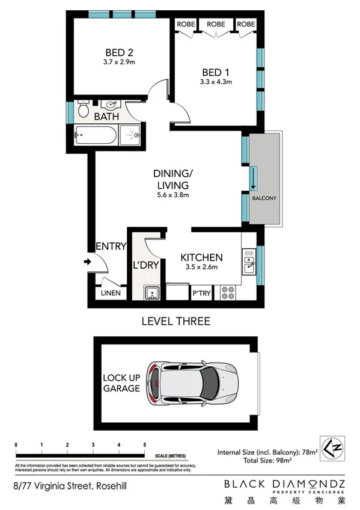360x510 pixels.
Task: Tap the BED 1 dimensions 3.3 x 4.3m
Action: click(215, 82)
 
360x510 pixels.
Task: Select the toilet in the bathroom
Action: click(84, 110)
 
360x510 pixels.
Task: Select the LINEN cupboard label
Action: click(111, 293)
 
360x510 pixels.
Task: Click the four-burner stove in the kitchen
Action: click(228, 292)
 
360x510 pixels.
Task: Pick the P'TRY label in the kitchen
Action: click(200, 293)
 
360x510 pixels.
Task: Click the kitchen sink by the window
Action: click(249, 260)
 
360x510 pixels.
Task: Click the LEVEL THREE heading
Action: click(175, 321)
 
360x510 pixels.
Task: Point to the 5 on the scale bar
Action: click(145, 445)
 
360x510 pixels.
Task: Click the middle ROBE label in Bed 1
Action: click(216, 24)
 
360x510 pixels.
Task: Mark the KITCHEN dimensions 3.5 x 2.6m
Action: click(202, 268)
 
